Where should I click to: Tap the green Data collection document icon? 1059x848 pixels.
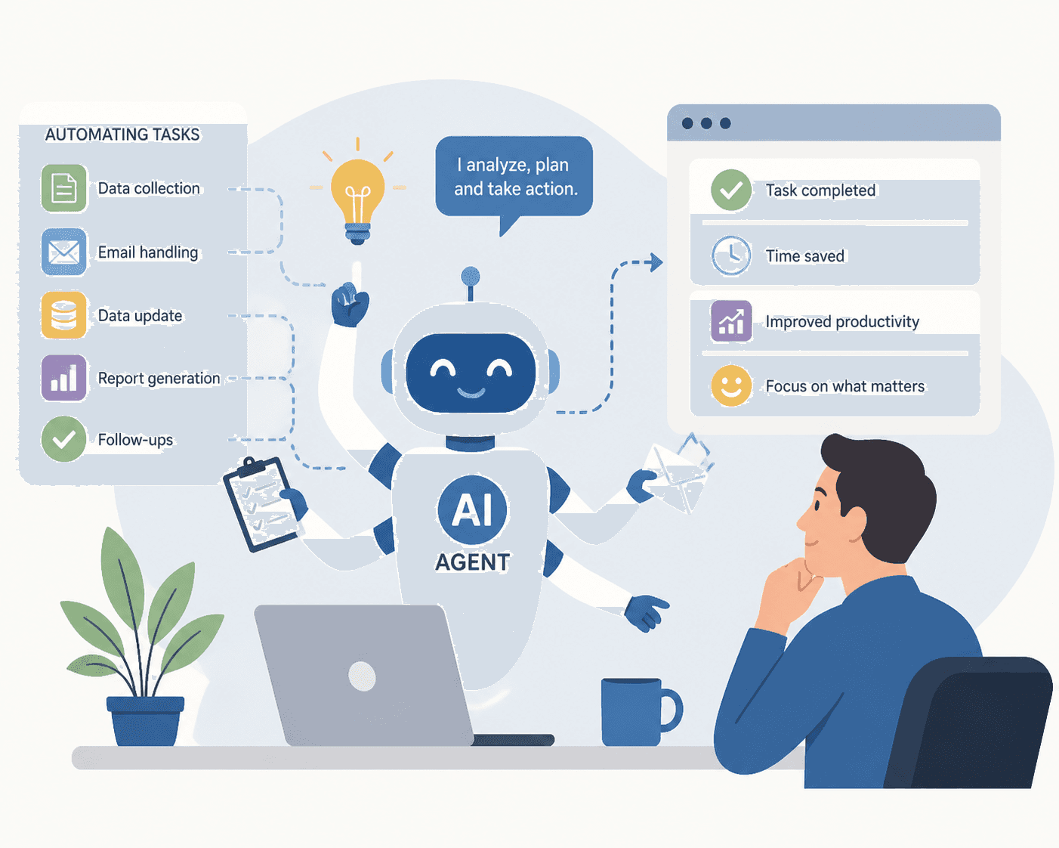[x=64, y=188]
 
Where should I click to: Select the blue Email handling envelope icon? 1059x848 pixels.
[x=64, y=252]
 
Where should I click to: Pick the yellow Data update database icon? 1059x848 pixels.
[x=64, y=315]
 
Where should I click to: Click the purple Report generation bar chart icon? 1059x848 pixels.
[x=64, y=378]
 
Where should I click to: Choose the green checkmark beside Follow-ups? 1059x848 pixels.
[x=64, y=439]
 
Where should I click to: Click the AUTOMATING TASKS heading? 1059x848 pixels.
[x=122, y=135]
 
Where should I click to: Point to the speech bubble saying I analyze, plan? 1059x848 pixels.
[x=514, y=178]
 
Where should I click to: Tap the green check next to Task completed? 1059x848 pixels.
[x=731, y=190]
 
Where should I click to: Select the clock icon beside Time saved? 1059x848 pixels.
[x=731, y=255]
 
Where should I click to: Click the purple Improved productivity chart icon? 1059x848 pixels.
[x=731, y=321]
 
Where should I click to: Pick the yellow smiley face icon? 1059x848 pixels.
[x=731, y=385]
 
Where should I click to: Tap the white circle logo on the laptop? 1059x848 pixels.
[x=362, y=676]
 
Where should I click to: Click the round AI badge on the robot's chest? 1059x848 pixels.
[x=472, y=509]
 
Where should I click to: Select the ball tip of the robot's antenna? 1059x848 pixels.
[x=471, y=277]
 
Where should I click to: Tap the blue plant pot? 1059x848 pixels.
[x=146, y=721]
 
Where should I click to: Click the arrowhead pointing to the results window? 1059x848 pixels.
[x=656, y=262]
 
